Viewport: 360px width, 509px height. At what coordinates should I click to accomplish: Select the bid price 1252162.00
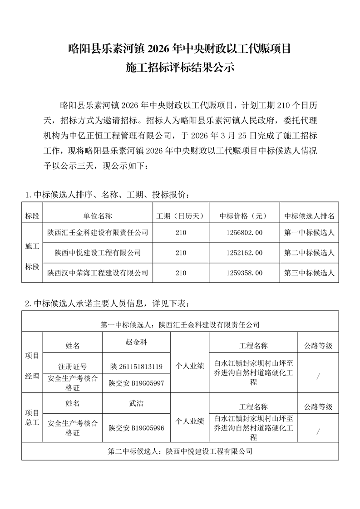(241, 253)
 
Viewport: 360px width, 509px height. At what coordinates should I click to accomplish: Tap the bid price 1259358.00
(241, 273)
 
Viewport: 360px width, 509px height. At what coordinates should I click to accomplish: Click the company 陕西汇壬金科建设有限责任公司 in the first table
(98, 233)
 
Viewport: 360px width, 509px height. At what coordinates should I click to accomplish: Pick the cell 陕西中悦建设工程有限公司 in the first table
(98, 253)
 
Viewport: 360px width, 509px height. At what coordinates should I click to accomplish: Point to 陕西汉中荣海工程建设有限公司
(98, 273)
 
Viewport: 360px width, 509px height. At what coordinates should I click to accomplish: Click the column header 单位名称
(98, 215)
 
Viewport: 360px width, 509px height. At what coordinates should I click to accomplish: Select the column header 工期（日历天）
(181, 215)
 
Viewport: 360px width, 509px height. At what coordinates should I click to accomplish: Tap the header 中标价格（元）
(241, 215)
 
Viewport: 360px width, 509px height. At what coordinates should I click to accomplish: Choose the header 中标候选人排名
(309, 215)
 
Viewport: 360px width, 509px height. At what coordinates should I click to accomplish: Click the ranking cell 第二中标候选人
(309, 253)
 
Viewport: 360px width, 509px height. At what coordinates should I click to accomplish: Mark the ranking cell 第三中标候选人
(309, 273)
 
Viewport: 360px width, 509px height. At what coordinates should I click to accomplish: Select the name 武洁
(136, 403)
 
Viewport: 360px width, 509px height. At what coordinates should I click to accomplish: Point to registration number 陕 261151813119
(136, 366)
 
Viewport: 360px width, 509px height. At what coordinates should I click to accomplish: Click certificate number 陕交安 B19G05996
(136, 427)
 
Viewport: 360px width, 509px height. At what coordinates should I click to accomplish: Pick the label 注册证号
(72, 366)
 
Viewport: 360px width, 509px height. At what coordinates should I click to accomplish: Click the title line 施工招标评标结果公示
(180, 69)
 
